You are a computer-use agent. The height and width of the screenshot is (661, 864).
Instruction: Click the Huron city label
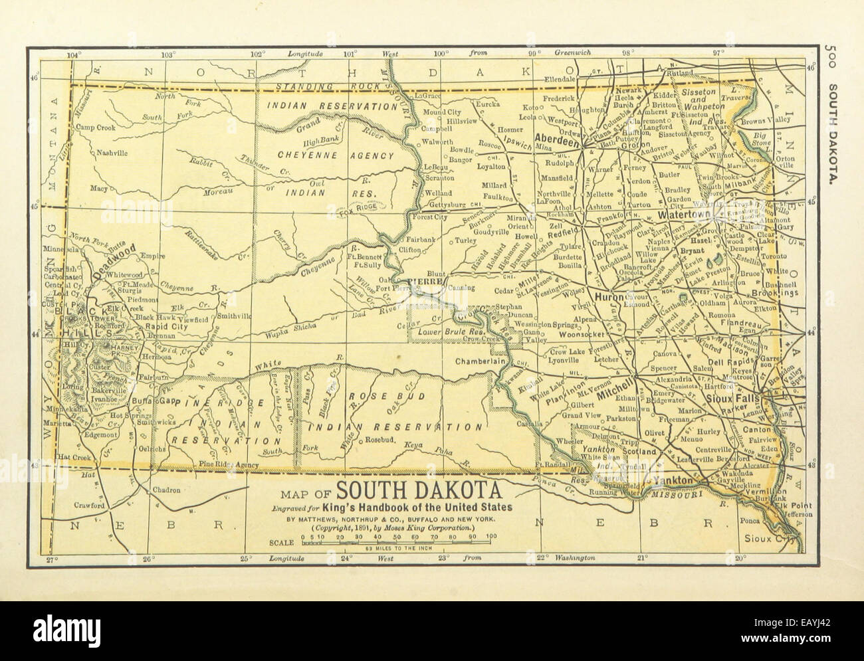point(609,297)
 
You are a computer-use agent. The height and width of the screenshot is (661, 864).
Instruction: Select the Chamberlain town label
point(481,361)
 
